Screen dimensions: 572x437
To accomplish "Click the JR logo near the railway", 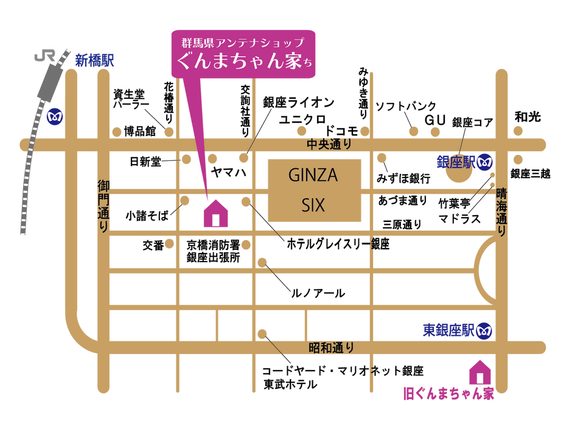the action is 44,56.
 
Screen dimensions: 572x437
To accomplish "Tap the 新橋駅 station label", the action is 94,61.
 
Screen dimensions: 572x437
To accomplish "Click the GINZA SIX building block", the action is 315,190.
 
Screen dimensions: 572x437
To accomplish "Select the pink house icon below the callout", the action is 215,213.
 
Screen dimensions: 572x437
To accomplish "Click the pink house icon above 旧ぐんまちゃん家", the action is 480,372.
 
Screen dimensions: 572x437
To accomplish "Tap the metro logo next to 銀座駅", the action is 485,162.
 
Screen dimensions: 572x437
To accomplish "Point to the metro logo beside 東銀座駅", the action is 484,331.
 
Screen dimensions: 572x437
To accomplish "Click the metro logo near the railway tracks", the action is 55,117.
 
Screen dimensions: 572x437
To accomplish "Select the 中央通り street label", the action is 329,144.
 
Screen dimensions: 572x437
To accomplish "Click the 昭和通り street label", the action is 331,347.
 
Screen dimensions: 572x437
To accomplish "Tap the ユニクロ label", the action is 302,119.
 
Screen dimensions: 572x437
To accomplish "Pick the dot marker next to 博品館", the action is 117,132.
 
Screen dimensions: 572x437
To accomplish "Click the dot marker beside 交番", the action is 169,244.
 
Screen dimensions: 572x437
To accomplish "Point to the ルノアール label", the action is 318,293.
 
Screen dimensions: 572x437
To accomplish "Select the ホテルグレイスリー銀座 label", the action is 338,244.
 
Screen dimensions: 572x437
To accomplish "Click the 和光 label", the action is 528,117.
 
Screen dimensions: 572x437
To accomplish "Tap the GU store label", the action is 435,120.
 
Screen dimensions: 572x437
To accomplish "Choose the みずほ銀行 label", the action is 403,179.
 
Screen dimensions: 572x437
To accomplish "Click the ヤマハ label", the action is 229,172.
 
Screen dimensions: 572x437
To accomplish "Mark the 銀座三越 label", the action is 531,174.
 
